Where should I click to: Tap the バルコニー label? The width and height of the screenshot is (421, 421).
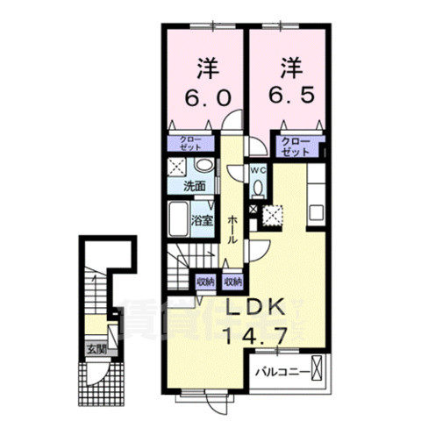[x=282, y=372]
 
